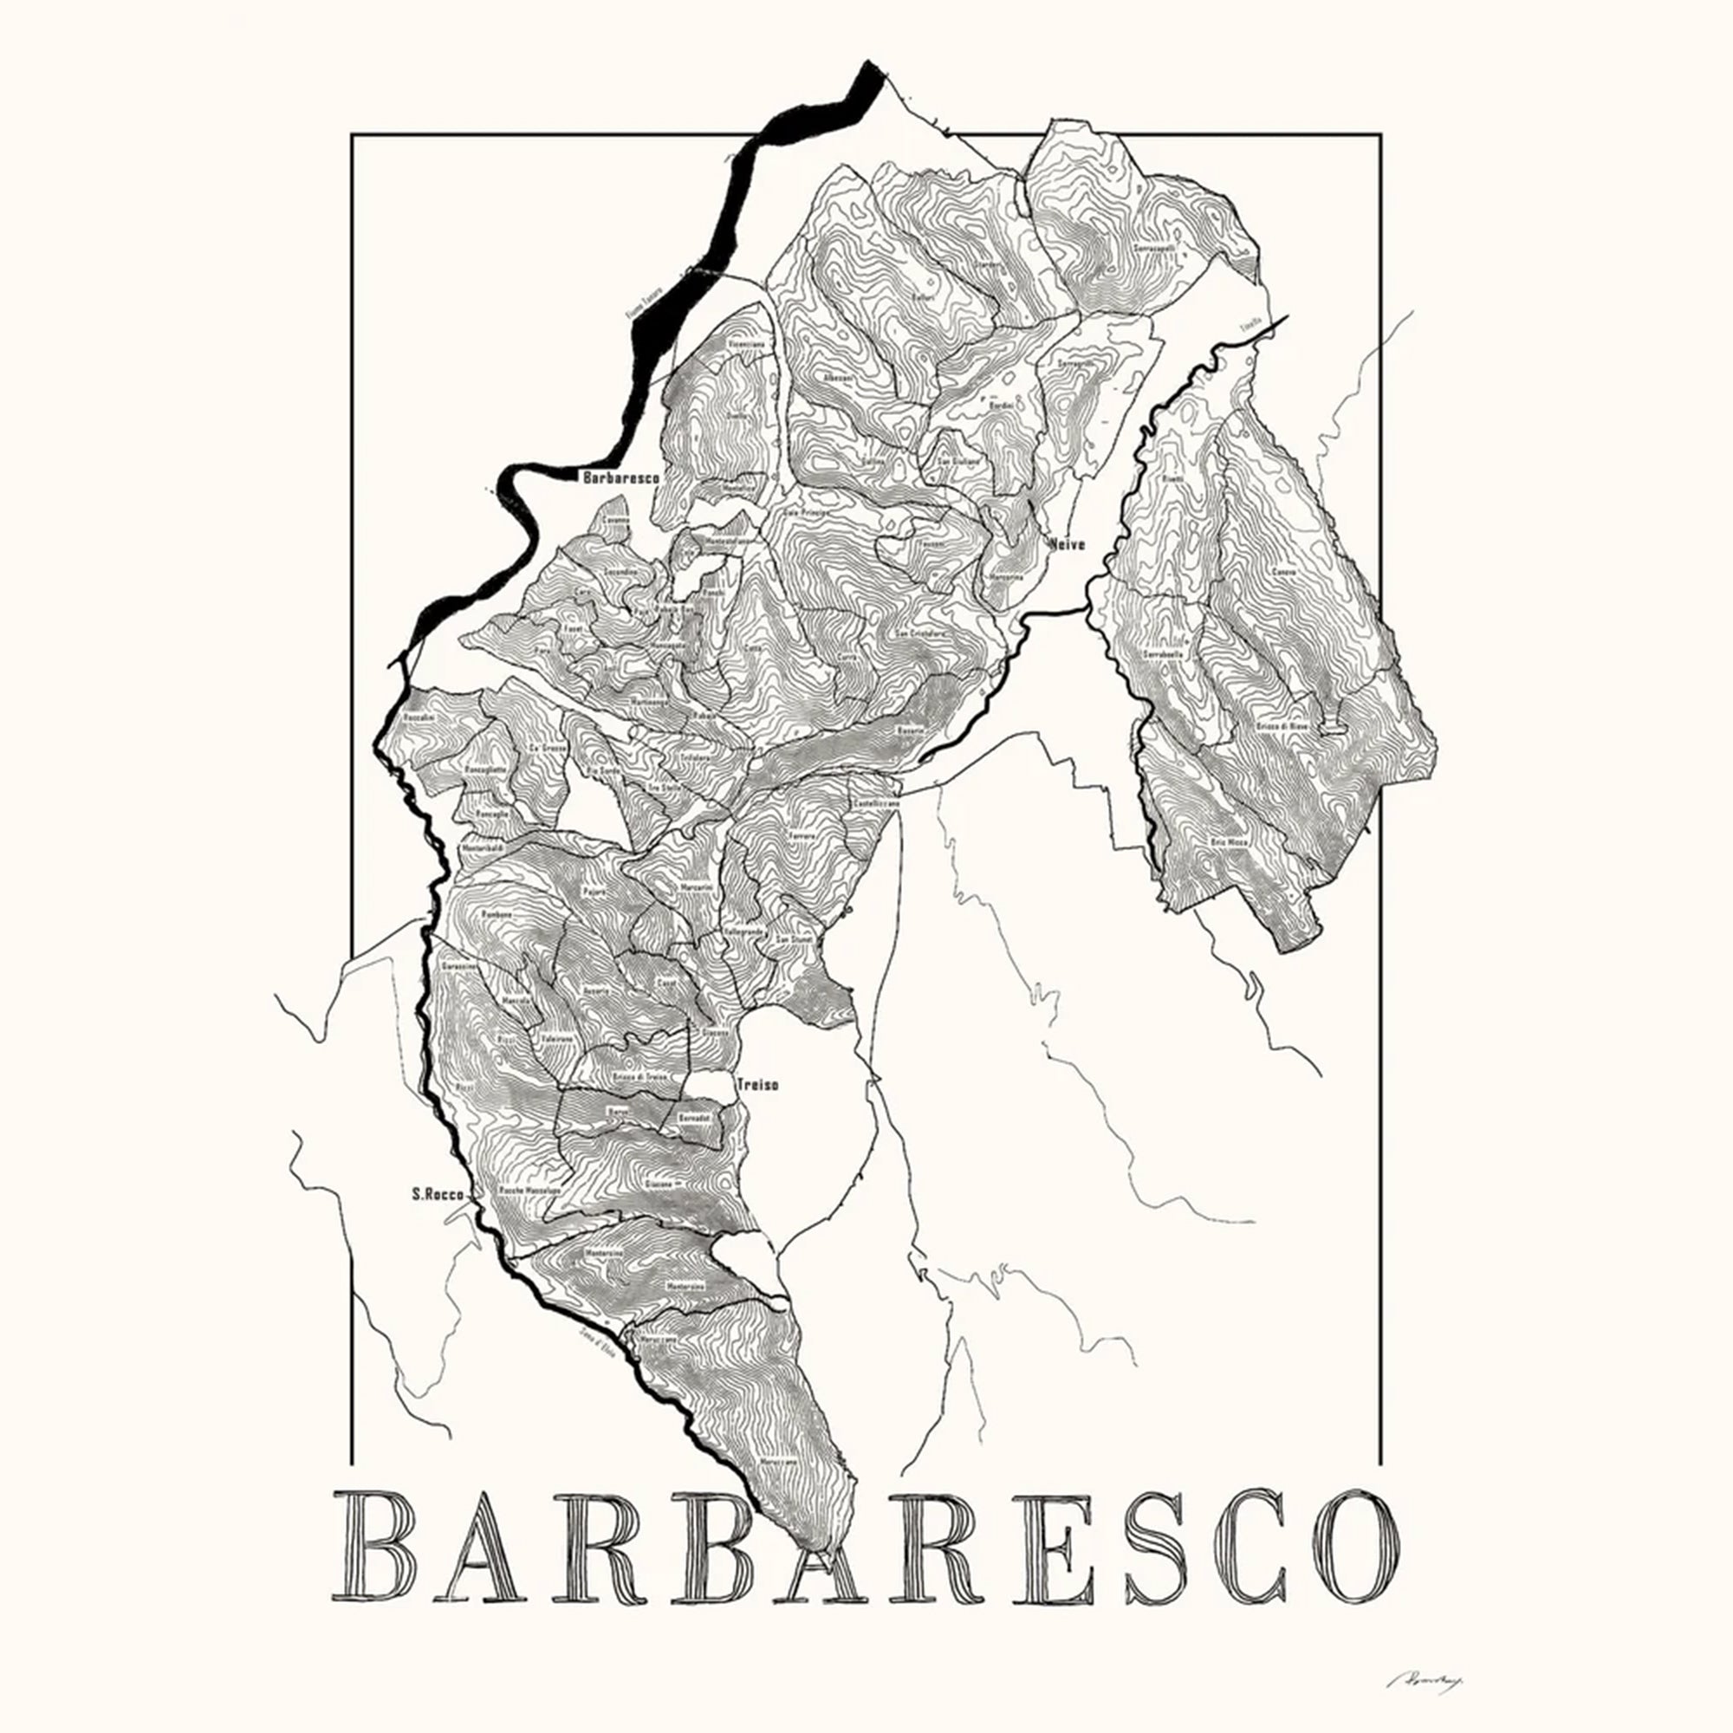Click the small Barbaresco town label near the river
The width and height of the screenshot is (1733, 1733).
click(620, 478)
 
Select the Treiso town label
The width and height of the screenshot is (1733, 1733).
click(757, 1085)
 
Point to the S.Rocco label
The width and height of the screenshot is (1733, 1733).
click(438, 1194)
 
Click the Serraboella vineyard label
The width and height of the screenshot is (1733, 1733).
click(1163, 656)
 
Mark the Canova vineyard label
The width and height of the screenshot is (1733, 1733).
click(1282, 571)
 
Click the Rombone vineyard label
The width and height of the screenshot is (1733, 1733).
click(496, 914)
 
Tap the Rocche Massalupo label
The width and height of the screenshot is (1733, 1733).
click(529, 1190)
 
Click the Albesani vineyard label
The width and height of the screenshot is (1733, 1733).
click(839, 380)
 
